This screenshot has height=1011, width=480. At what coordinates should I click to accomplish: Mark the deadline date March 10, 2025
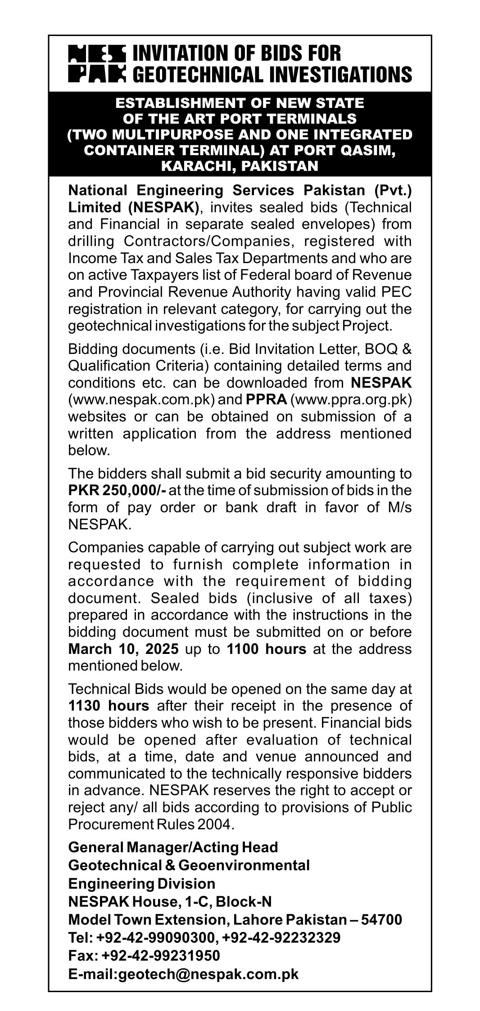pyautogui.click(x=123, y=649)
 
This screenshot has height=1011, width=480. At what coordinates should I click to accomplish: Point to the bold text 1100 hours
pyautogui.click(x=266, y=649)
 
